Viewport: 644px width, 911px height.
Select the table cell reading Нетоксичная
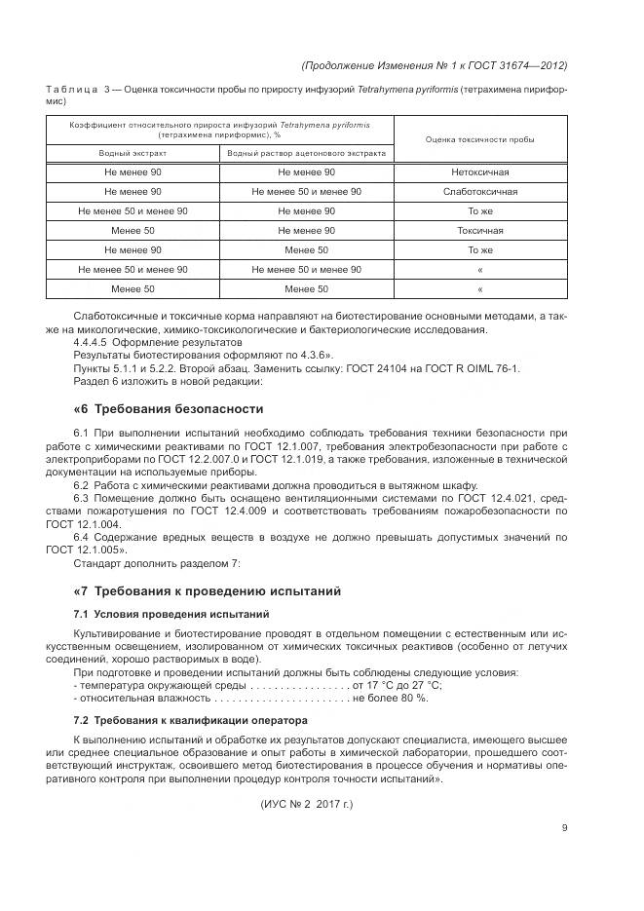(x=480, y=172)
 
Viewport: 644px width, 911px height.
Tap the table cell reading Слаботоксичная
(x=480, y=192)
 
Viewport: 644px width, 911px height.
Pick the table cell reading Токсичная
(x=480, y=231)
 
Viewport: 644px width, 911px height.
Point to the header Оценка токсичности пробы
(x=480, y=139)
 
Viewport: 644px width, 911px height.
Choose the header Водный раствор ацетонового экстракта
(x=307, y=154)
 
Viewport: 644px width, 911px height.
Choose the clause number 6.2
(x=82, y=485)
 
